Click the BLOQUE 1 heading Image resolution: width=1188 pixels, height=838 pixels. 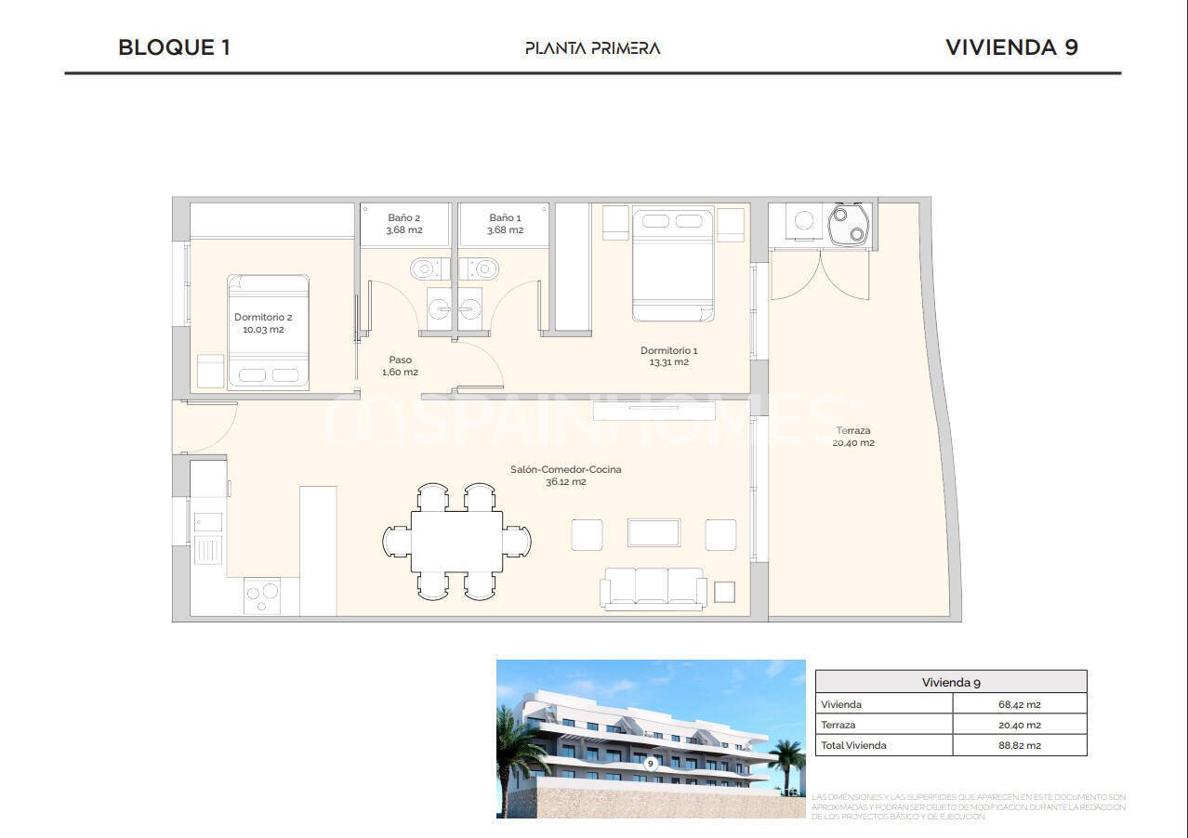pyautogui.click(x=174, y=47)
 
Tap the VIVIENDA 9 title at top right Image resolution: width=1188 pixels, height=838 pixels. pyautogui.click(x=1011, y=47)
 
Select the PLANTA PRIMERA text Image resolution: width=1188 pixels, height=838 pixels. pyautogui.click(x=592, y=48)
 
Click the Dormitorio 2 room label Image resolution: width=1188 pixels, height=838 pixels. pyautogui.click(x=263, y=318)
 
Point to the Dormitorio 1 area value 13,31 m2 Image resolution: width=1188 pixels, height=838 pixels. pyautogui.click(x=668, y=362)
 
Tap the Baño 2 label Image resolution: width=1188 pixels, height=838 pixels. pyautogui.click(x=404, y=218)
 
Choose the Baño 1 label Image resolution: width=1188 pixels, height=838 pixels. pyautogui.click(x=505, y=218)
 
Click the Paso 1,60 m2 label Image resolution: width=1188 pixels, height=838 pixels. pyautogui.click(x=400, y=366)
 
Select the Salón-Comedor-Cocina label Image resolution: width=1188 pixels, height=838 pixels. pyautogui.click(x=565, y=470)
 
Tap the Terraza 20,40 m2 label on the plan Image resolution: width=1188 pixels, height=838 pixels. pyautogui.click(x=853, y=437)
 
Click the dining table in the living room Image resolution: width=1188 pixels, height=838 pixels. pyautogui.click(x=456, y=541)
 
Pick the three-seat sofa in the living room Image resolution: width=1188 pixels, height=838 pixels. pyautogui.click(x=653, y=587)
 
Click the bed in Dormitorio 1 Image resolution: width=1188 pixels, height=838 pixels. pyautogui.click(x=673, y=264)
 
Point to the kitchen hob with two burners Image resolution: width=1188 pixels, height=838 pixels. pyautogui.click(x=262, y=594)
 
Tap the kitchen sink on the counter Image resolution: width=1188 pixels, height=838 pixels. pyautogui.click(x=208, y=538)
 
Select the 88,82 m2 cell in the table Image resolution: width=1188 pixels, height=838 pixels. pyautogui.click(x=1019, y=745)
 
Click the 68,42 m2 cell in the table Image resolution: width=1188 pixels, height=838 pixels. pyautogui.click(x=1019, y=704)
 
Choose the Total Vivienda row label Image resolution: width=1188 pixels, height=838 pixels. pyautogui.click(x=853, y=745)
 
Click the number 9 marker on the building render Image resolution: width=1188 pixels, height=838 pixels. pyautogui.click(x=651, y=764)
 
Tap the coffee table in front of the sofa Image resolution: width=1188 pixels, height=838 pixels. pyautogui.click(x=653, y=532)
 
